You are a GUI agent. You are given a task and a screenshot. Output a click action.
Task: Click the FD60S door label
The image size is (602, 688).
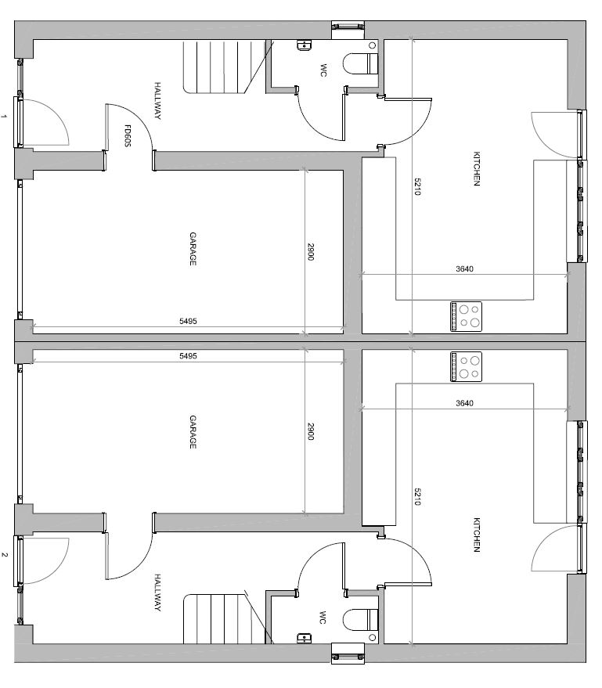(128, 136)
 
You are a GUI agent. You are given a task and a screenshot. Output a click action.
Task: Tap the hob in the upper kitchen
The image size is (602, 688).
(466, 316)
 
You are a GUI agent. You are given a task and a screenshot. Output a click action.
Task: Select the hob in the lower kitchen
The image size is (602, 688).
(466, 367)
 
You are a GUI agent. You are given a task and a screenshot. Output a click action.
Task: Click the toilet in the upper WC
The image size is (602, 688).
(360, 64)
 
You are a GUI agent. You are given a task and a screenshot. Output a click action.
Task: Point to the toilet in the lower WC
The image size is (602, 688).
(360, 620)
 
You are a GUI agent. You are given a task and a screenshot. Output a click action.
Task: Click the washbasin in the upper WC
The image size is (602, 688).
(304, 45)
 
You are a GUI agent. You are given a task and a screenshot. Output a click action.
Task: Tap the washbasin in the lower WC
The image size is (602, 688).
(304, 638)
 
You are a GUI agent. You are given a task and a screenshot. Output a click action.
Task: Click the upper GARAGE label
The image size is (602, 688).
(193, 249)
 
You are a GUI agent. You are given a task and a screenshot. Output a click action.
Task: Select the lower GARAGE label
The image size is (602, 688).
(193, 432)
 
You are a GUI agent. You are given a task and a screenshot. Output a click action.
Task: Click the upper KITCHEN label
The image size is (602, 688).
(477, 169)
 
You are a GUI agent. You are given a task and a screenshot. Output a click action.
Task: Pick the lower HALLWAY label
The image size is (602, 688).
(157, 593)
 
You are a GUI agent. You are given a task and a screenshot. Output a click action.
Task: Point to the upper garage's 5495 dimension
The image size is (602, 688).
(188, 321)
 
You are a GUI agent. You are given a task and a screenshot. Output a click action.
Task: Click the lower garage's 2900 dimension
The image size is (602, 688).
(310, 430)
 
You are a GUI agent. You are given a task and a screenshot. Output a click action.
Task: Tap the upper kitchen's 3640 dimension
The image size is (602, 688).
(465, 269)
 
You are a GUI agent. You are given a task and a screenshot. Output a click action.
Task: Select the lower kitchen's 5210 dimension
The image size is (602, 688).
(417, 497)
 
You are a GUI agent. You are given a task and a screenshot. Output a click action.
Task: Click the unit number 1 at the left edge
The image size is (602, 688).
(5, 117)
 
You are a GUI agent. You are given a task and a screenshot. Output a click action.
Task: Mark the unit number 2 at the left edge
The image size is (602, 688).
(5, 555)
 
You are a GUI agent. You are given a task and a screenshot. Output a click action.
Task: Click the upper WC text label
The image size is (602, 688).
(323, 70)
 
